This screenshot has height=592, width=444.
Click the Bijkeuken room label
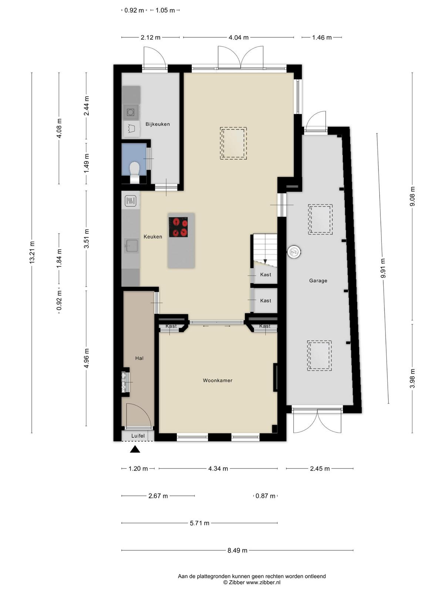click(x=158, y=124)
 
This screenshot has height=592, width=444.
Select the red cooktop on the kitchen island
click(x=178, y=227)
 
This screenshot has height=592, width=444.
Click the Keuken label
click(x=152, y=236)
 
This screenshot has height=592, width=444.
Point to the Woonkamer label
click(x=218, y=380)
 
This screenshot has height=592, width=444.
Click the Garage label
click(x=318, y=280)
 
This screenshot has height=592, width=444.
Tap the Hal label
click(x=139, y=358)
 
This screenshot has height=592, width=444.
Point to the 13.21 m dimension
click(x=32, y=252)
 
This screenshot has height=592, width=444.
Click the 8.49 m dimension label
click(x=237, y=550)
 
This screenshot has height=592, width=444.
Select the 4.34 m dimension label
click(x=218, y=468)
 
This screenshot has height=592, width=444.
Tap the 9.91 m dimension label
click(x=383, y=268)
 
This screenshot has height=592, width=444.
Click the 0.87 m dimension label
click(x=266, y=496)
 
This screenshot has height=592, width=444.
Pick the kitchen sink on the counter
click(x=131, y=245)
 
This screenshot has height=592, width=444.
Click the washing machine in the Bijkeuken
click(x=131, y=112)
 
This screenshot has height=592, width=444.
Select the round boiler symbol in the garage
click(x=293, y=252)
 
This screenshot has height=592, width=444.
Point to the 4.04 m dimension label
click(x=239, y=37)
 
